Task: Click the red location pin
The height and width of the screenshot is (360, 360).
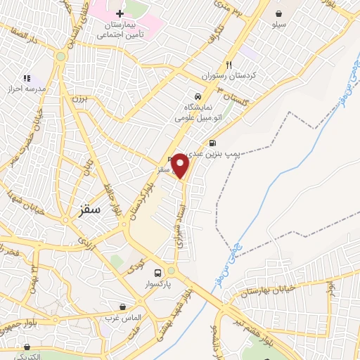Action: (x=181, y=165)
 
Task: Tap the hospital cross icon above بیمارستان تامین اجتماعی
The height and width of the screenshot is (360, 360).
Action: (x=120, y=14)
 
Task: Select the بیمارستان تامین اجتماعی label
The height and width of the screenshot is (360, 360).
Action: (x=120, y=29)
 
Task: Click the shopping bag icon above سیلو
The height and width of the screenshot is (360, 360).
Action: (x=280, y=13)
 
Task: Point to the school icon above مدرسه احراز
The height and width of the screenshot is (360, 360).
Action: (x=27, y=78)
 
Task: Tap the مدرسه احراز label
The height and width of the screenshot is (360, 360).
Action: (x=27, y=90)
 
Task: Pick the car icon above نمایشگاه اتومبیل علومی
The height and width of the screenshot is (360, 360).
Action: (x=198, y=96)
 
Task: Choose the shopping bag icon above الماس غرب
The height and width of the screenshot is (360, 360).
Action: (x=123, y=307)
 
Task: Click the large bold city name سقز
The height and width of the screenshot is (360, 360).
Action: (x=91, y=209)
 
